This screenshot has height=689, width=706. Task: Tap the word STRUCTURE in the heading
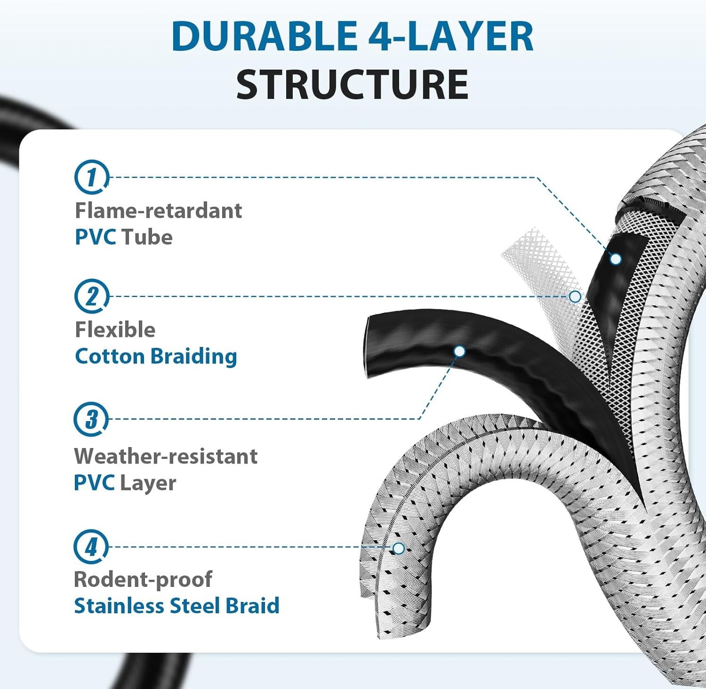(x=352, y=85)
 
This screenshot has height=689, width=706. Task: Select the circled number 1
(x=91, y=177)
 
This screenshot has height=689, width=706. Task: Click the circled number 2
(x=91, y=296)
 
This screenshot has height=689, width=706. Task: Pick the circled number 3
(x=91, y=419)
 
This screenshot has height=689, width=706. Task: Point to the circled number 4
(x=91, y=547)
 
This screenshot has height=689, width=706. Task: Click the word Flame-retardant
(x=158, y=210)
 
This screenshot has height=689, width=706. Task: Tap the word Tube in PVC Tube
(x=147, y=237)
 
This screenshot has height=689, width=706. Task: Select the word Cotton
(x=110, y=356)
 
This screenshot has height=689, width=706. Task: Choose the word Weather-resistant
(x=166, y=456)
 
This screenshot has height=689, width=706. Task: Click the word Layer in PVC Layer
(x=148, y=483)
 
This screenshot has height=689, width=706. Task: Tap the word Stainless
(x=119, y=606)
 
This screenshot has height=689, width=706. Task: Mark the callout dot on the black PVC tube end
(x=459, y=351)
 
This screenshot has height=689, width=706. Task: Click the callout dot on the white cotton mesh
(x=575, y=296)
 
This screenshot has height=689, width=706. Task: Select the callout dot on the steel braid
(x=399, y=548)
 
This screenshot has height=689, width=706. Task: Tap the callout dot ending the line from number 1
(x=616, y=259)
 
